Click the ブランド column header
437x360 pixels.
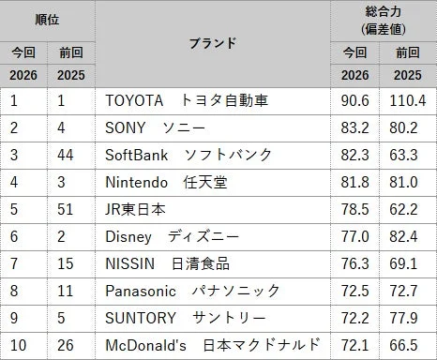[x=212, y=43]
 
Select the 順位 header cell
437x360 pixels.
[x=48, y=18]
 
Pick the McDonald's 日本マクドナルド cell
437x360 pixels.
[x=213, y=345]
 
